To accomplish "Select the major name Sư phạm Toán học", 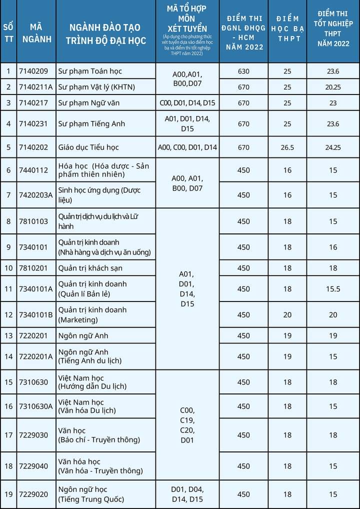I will [x=90, y=71].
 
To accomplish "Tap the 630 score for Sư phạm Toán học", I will [x=243, y=71].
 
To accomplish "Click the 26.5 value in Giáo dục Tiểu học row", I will [x=287, y=147].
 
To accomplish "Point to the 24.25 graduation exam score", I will [x=333, y=147].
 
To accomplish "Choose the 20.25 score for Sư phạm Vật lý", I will [x=333, y=87].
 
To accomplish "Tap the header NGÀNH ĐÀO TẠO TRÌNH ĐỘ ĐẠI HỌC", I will [x=105, y=34].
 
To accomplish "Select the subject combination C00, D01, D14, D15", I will [x=187, y=103].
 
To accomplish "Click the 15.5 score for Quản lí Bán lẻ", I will [x=333, y=289].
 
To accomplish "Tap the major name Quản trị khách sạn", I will [x=90, y=268].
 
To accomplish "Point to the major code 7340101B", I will [x=35, y=314].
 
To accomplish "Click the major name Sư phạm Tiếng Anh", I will [x=91, y=123].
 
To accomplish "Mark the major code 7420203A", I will [x=35, y=195].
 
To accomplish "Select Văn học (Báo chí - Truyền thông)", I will [x=99, y=435].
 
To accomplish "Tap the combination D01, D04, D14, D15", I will [x=187, y=494].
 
